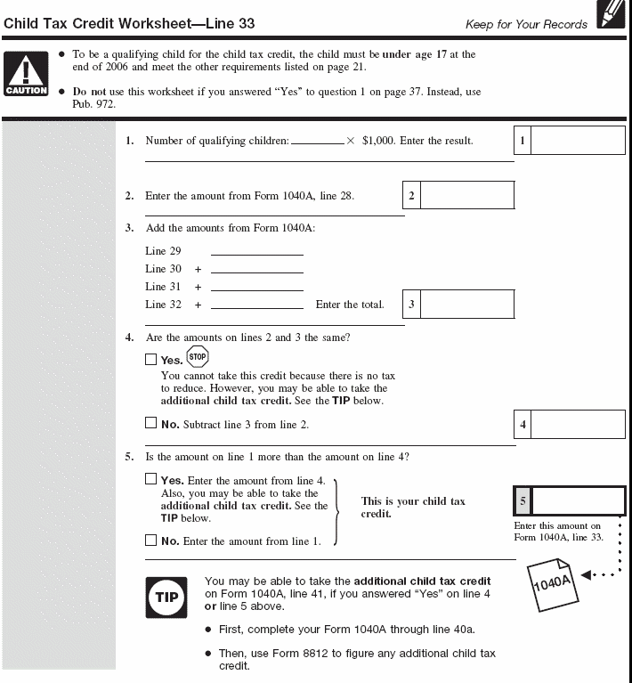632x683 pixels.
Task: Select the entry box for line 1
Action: click(578, 141)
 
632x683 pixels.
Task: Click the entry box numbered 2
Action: click(466, 196)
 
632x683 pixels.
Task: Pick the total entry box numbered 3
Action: click(466, 305)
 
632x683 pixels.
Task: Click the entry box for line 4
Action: click(578, 425)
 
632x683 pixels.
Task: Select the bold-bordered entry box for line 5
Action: click(578, 501)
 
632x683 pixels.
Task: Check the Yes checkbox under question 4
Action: click(150, 361)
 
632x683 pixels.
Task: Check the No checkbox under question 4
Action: click(150, 424)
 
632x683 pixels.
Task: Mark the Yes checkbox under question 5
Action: click(150, 480)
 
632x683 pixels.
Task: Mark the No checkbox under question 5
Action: click(150, 541)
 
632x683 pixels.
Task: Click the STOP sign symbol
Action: click(198, 357)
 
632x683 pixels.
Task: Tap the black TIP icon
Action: click(166, 597)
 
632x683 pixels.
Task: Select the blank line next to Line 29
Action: click(256, 252)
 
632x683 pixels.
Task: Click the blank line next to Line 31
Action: click(256, 288)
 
